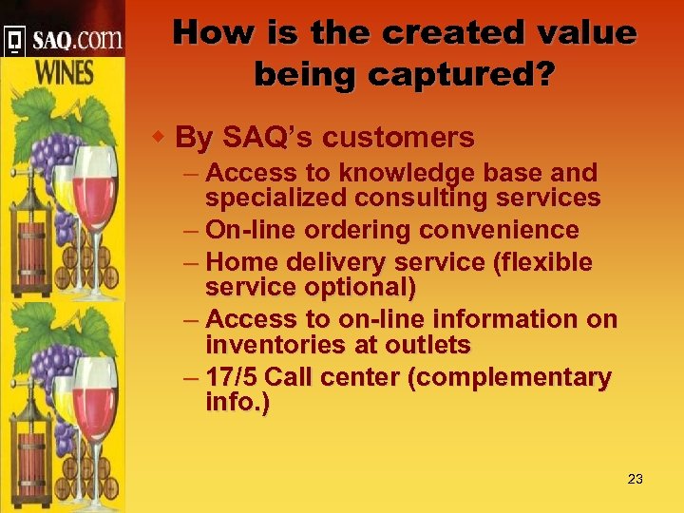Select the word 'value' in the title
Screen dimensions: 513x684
584,33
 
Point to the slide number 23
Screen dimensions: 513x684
636,479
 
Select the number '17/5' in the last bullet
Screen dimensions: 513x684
232,377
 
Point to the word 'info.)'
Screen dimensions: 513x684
237,402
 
